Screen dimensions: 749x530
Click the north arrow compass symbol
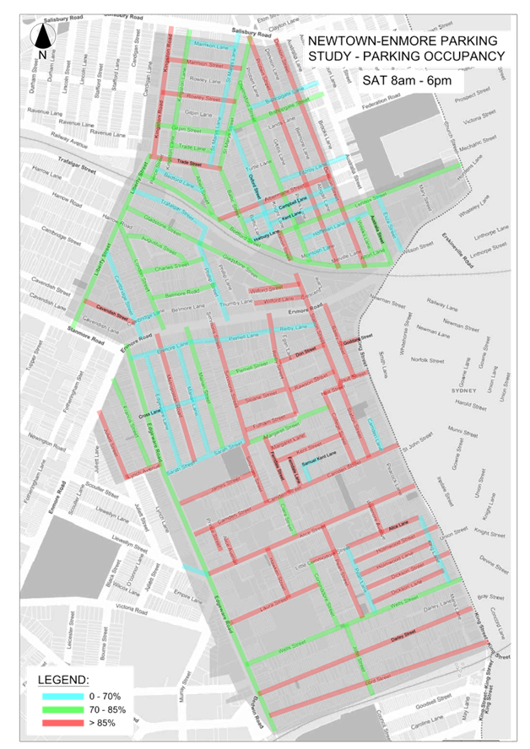click(41, 38)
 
